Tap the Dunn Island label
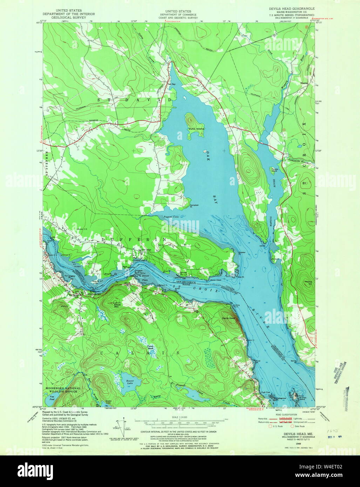coord(196,129)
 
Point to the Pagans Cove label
coord(171,217)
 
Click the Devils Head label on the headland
coord(228,318)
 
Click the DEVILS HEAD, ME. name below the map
coord(291,434)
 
